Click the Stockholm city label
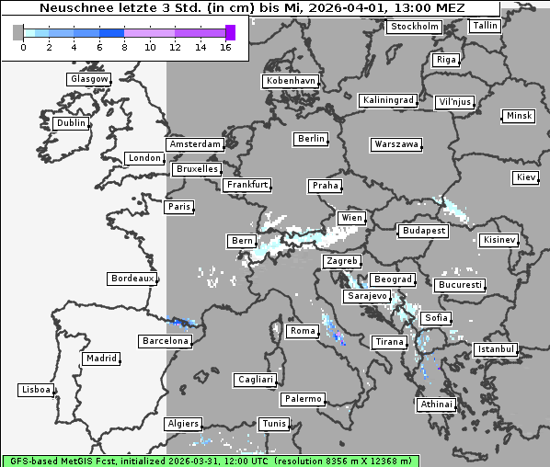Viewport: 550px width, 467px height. click(x=414, y=27)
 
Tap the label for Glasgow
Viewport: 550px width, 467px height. click(x=89, y=79)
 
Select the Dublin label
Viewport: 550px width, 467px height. click(x=71, y=123)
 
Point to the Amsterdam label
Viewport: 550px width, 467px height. click(x=195, y=144)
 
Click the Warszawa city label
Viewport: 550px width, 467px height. click(x=397, y=144)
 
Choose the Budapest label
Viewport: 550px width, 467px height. click(x=423, y=230)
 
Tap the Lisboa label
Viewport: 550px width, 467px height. click(x=37, y=390)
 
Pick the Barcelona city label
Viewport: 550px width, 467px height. click(x=166, y=341)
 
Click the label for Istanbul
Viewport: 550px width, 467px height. click(x=496, y=349)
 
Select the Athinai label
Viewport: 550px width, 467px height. click(x=436, y=404)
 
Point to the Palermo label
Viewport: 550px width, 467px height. click(x=303, y=399)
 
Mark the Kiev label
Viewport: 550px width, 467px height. click(x=526, y=177)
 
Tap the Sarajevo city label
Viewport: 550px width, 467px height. click(x=367, y=297)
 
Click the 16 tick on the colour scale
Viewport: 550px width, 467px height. click(x=225, y=48)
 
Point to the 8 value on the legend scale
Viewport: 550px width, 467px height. click(x=124, y=48)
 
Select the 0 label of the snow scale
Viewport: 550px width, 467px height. click(x=23, y=48)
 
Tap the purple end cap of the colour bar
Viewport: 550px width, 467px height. click(x=230, y=33)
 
